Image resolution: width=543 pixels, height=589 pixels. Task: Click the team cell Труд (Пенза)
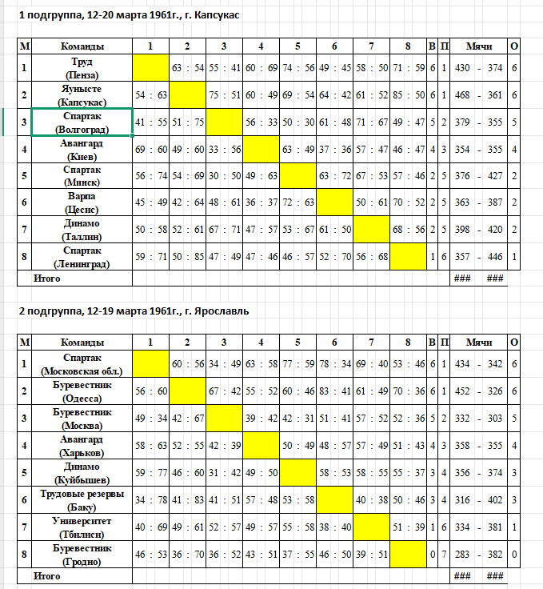pyautogui.click(x=82, y=67)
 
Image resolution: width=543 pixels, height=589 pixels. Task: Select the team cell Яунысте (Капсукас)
pyautogui.click(x=82, y=95)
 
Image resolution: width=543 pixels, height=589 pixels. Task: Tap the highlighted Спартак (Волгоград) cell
pyautogui.click(x=82, y=122)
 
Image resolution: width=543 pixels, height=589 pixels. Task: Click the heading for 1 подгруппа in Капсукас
pyautogui.click(x=129, y=15)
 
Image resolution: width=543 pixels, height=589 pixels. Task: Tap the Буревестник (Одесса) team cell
pyautogui.click(x=82, y=391)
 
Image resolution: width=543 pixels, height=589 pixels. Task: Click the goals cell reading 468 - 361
pyautogui.click(x=478, y=95)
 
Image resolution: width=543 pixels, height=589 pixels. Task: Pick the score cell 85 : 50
pyautogui.click(x=408, y=95)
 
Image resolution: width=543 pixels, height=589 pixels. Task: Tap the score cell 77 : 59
pyautogui.click(x=297, y=363)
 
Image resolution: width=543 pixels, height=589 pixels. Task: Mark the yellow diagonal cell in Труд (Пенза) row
pyautogui.click(x=150, y=67)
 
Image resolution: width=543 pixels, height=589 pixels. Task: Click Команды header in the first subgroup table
pyautogui.click(x=82, y=46)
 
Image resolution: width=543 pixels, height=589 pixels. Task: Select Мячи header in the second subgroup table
pyautogui.click(x=478, y=342)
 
